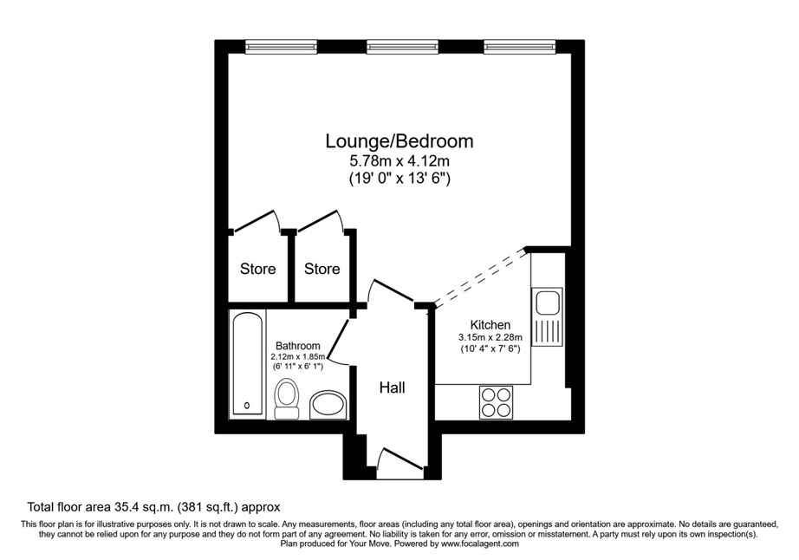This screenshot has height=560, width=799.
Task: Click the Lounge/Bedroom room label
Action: [399, 141]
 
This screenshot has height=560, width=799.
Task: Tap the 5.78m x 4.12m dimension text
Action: [399, 161]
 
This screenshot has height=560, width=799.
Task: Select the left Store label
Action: [258, 269]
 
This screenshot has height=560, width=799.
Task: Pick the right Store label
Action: [322, 269]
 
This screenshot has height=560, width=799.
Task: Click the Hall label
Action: [392, 387]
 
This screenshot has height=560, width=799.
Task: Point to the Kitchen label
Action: [490, 324]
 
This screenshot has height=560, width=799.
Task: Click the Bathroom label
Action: [297, 346]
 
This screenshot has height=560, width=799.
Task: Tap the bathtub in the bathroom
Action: [248, 363]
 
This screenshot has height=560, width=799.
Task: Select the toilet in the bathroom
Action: [287, 399]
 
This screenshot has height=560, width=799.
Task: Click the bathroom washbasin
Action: [328, 405]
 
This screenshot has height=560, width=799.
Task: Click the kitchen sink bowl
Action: [548, 303]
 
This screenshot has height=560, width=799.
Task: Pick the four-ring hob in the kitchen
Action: [496, 402]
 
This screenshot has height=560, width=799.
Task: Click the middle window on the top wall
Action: [403, 47]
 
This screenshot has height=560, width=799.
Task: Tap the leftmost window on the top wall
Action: [281, 47]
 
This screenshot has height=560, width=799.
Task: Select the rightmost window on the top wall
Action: [520, 47]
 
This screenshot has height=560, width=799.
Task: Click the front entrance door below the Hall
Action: [401, 459]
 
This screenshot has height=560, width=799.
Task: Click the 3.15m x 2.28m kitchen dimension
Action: [490, 337]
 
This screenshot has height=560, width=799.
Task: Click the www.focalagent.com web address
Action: [480, 544]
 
